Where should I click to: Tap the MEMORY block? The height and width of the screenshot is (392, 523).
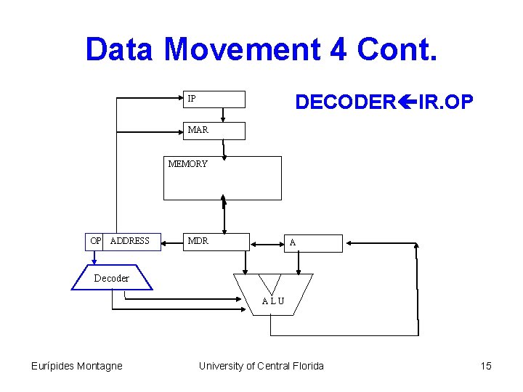222,178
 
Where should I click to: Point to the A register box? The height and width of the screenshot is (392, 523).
312,242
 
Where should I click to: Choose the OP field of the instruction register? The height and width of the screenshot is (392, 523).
95,241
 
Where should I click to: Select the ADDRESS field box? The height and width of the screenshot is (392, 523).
132,241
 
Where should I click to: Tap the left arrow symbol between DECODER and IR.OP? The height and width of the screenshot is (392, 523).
401,102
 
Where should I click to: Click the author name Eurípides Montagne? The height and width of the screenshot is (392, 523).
76,366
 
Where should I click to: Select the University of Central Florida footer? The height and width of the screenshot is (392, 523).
261,366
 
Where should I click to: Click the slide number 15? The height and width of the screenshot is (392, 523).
486,366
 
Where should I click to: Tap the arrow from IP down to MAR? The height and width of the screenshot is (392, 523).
223,115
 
